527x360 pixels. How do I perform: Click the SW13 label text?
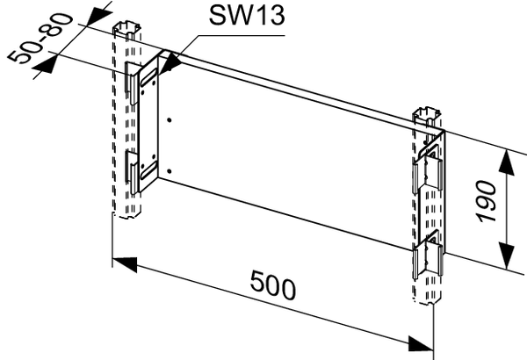click(x=247, y=15)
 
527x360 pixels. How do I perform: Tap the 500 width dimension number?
click(x=273, y=285)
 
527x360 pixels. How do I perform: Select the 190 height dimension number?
click(x=487, y=201)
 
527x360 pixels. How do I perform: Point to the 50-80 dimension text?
click(x=40, y=38)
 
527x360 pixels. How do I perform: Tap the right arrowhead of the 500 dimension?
click(x=421, y=343)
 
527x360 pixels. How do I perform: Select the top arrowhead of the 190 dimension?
click(x=507, y=163)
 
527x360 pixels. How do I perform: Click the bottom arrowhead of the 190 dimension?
click(x=507, y=256)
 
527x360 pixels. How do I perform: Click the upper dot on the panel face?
click(x=169, y=120)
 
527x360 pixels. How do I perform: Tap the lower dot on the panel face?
click(x=169, y=171)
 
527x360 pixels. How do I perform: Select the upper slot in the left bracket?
click(x=149, y=77)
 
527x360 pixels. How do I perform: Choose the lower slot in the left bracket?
click(x=149, y=169)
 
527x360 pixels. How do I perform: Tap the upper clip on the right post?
click(x=427, y=171)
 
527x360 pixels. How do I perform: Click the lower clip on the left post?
click(x=132, y=172)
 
